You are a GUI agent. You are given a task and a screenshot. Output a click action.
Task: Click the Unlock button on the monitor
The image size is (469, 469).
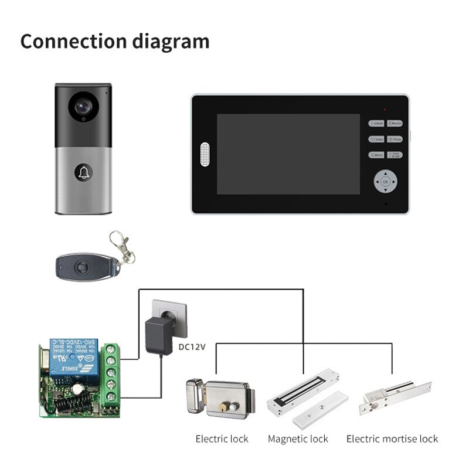[376, 124]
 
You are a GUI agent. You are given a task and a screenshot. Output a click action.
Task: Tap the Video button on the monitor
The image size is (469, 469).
[376, 140]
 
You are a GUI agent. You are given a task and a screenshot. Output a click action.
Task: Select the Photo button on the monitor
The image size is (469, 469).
[395, 140]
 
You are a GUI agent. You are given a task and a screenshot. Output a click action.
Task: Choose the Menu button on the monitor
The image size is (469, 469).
[376, 155]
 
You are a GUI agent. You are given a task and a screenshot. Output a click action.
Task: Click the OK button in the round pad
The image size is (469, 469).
[385, 182]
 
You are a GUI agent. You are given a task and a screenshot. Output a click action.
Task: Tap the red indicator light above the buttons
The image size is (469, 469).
[385, 110]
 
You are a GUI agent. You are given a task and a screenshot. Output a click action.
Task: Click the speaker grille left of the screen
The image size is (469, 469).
[205, 154]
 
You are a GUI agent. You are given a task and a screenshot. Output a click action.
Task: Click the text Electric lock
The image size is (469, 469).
[222, 439]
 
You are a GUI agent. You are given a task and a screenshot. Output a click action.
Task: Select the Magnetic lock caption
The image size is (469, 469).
[298, 439]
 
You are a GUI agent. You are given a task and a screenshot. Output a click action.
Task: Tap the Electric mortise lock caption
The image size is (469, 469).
[392, 439]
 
